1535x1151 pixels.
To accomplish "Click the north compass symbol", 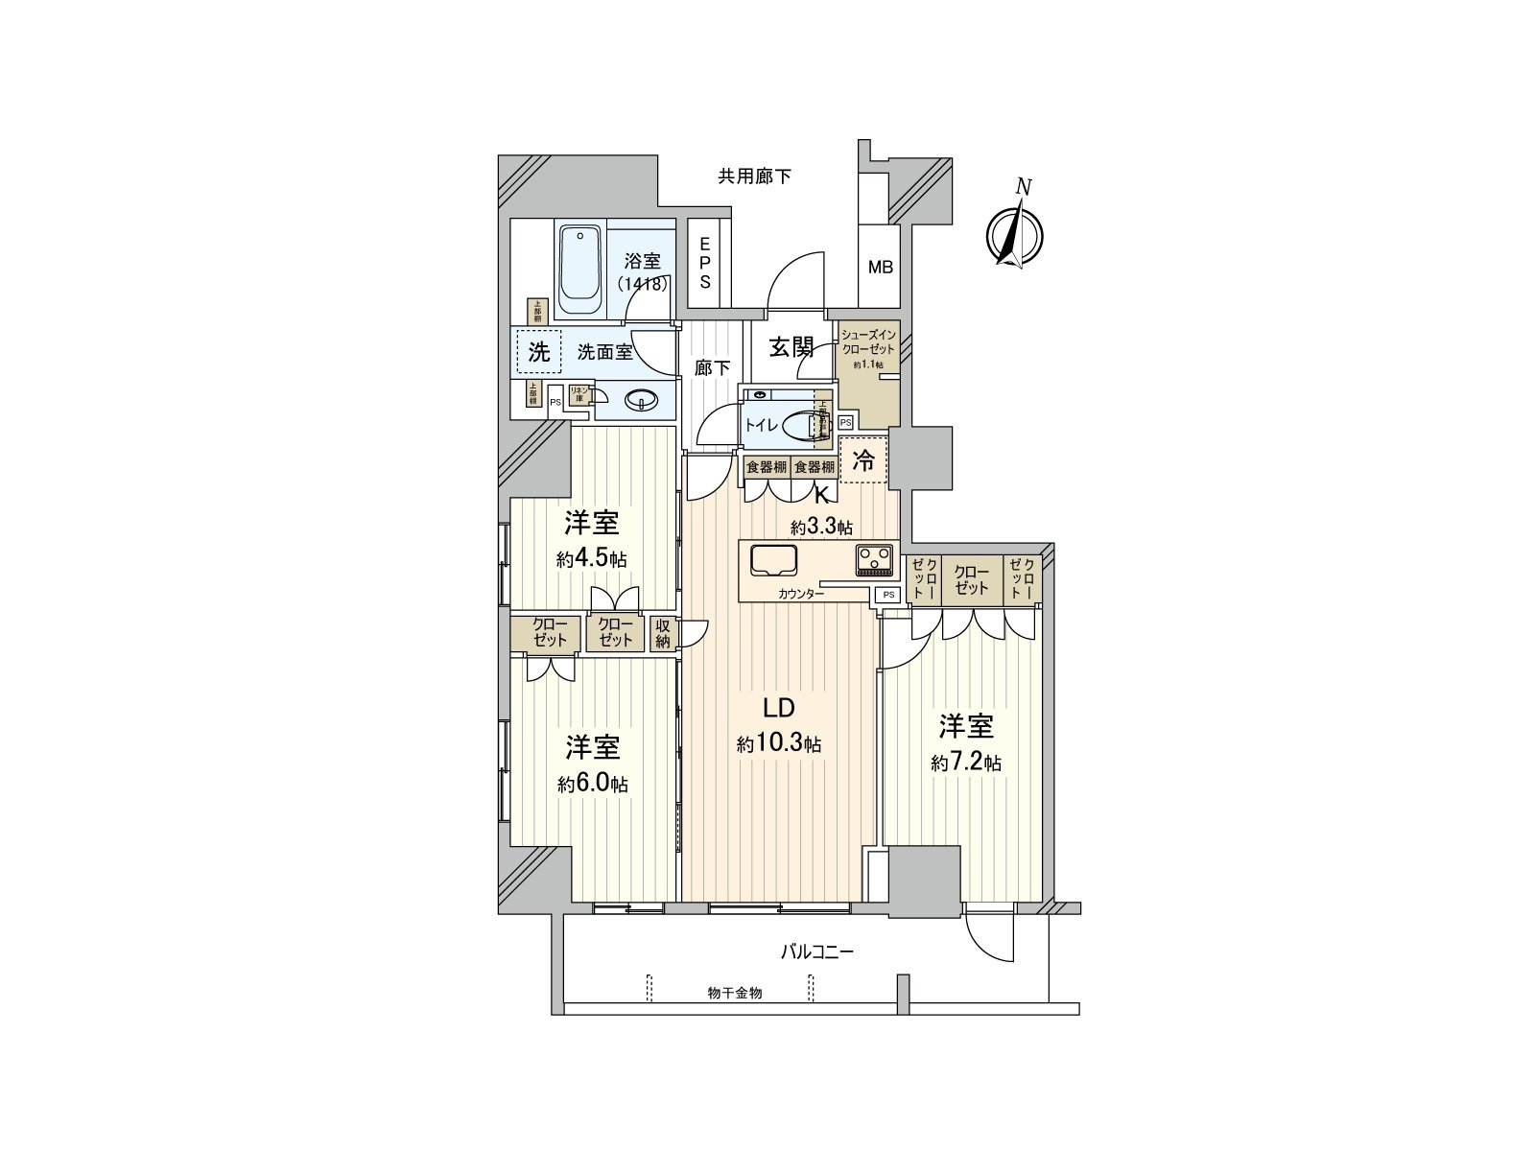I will (x=1014, y=233).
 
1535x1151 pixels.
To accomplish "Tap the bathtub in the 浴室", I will (x=579, y=270).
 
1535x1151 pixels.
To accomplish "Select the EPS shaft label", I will (x=705, y=263).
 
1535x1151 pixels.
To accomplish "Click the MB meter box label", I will (x=880, y=268).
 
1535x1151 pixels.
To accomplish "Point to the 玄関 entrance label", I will (x=791, y=346).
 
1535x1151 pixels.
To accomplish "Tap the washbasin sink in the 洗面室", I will (x=640, y=401).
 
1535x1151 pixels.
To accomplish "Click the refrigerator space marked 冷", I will (x=863, y=460).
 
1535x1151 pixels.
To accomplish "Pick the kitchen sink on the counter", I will (x=773, y=560).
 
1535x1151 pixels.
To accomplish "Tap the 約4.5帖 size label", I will (x=591, y=559).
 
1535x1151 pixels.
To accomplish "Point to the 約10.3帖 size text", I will (x=778, y=743).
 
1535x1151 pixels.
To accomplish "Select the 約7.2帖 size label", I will (x=966, y=763).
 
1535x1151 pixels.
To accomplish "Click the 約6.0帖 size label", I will (x=592, y=784).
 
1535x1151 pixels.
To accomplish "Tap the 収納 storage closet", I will (x=663, y=634).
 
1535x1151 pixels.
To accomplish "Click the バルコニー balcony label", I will (x=816, y=952).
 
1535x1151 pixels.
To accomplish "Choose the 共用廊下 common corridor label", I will (x=755, y=176).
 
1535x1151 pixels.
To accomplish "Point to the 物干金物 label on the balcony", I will (x=735, y=994).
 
